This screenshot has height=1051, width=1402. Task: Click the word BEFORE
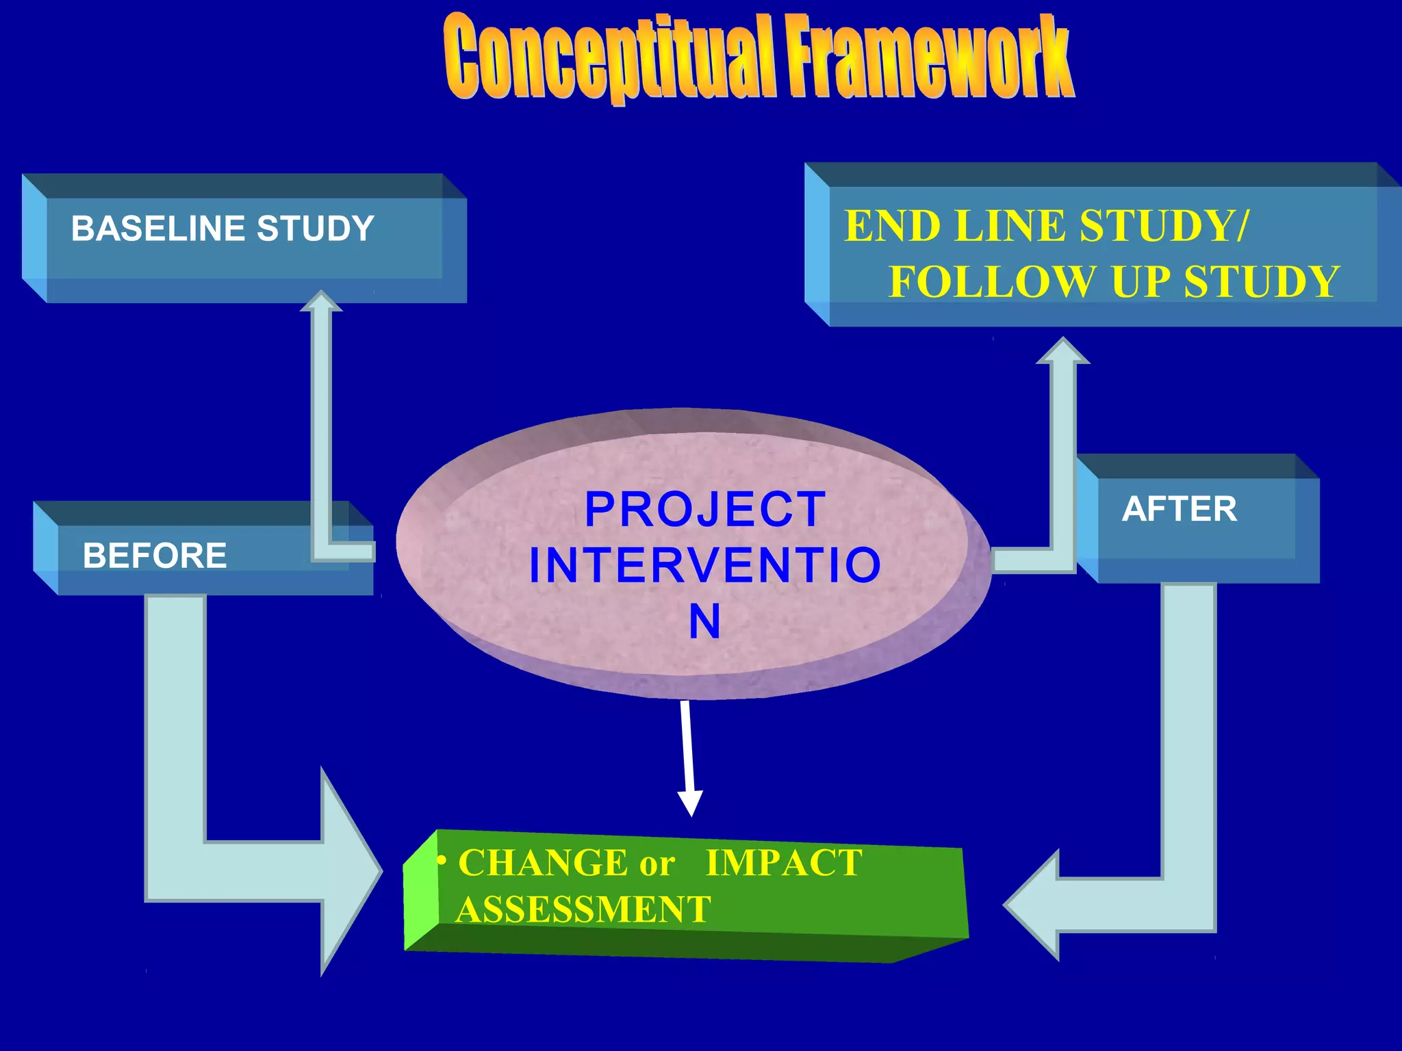tap(155, 556)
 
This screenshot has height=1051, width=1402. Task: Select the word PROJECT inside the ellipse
tap(705, 510)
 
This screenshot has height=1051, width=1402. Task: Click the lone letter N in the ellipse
tap(704, 622)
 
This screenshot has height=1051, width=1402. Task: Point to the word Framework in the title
tap(928, 58)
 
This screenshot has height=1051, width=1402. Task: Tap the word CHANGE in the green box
tap(542, 862)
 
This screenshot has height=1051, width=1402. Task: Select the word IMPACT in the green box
tap(784, 863)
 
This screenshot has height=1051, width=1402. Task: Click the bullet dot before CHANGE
tap(443, 859)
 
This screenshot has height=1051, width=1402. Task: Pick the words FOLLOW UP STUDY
tap(1113, 282)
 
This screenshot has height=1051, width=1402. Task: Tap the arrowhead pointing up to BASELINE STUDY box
tap(321, 301)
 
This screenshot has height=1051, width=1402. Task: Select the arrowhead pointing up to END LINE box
tap(1062, 351)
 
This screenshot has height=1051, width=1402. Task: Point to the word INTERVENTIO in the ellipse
tap(705, 566)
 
